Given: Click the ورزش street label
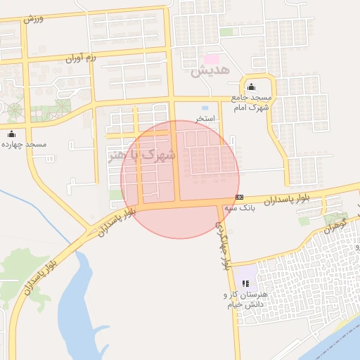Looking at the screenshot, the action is (x=33, y=18).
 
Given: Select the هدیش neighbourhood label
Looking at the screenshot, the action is (x=206, y=71).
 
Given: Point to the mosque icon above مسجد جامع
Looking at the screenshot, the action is (x=251, y=86).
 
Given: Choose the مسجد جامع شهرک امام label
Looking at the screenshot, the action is (x=251, y=102).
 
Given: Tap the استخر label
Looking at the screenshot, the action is (x=205, y=119).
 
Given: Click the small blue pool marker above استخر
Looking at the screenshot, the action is (x=205, y=108).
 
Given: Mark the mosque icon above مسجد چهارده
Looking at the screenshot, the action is (x=11, y=133).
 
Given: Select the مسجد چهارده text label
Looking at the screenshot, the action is (x=26, y=144).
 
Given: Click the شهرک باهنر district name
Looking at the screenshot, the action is (x=142, y=155).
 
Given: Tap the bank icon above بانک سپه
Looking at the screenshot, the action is (x=240, y=197).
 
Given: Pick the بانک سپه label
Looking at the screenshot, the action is (x=239, y=208).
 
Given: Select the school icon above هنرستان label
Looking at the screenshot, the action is (x=245, y=283).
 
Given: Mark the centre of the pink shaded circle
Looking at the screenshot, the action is (x=180, y=179).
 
